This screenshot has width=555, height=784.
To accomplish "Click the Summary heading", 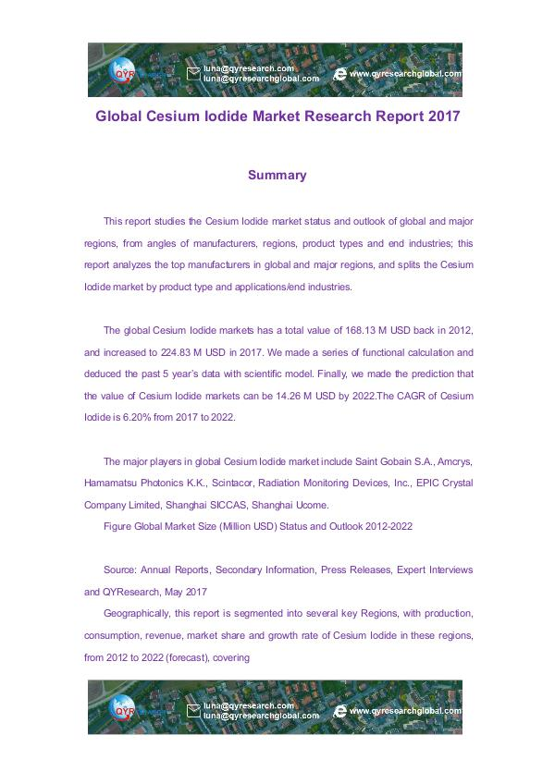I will click(x=277, y=175).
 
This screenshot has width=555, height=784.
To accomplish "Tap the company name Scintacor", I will click(x=240, y=484).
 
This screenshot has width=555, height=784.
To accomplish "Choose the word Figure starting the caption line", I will click(x=118, y=526).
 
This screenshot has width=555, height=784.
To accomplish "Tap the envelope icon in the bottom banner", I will click(x=193, y=712).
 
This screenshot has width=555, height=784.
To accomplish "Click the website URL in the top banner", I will click(x=404, y=73).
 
